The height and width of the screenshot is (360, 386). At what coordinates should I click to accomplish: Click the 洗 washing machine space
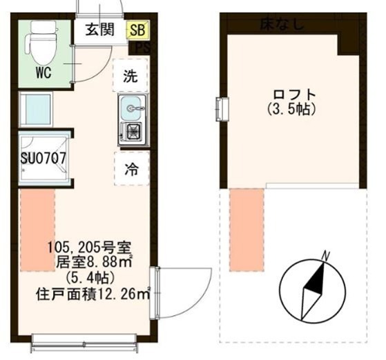point(131,76)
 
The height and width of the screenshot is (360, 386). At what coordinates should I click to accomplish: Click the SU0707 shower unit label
point(43,157)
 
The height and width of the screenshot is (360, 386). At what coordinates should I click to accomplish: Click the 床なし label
point(281,25)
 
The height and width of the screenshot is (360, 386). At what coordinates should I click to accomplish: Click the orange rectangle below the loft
point(247,220)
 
